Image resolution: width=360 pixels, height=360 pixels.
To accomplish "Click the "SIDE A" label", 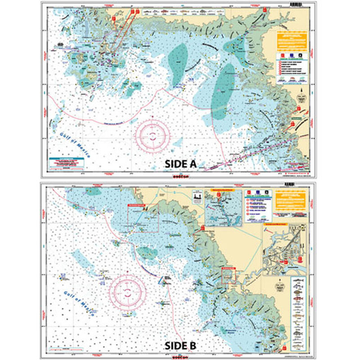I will pyautogui.click(x=180, y=164).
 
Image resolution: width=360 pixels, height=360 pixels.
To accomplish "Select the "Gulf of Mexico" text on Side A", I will pyautogui.click(x=74, y=143).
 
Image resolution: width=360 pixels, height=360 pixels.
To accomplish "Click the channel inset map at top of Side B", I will pyautogui.click(x=222, y=209).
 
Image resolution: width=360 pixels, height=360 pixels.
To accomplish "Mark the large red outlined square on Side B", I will pyautogui.click(x=143, y=218).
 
